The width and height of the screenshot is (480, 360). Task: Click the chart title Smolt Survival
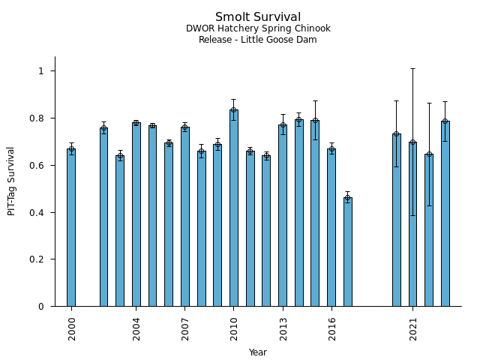(x=258, y=17)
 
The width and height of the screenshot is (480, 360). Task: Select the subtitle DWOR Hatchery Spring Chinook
(x=258, y=29)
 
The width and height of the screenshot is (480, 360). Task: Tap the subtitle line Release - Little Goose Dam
(x=258, y=40)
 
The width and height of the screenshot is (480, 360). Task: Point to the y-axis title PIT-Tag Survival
(x=12, y=181)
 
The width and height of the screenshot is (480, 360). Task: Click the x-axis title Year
(x=258, y=352)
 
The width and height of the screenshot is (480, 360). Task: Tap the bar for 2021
(x=412, y=224)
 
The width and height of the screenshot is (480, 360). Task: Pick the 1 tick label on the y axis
(x=43, y=71)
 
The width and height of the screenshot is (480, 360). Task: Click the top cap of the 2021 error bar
(x=412, y=68)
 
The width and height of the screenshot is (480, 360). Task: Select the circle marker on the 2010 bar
(x=234, y=110)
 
